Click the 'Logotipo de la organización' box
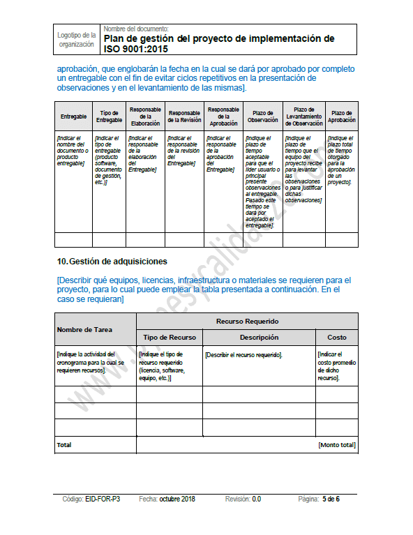tap(77, 40)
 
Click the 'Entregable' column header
tap(73, 116)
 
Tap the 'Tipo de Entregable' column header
tap(109, 116)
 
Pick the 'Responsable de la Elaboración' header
tap(146, 116)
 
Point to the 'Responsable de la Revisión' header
tap(185, 116)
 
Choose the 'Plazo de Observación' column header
tap(263, 116)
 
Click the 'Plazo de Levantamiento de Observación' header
tap(303, 116)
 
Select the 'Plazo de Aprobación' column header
tap(342, 116)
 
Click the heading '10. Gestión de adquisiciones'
tap(112, 262)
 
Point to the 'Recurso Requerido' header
tap(247, 321)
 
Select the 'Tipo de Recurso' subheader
tap(170, 337)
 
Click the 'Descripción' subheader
tap(259, 337)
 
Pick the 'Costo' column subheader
tap(337, 337)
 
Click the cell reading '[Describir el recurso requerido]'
tap(243, 355)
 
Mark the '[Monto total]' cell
tap(337, 444)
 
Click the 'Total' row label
tap(64, 444)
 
